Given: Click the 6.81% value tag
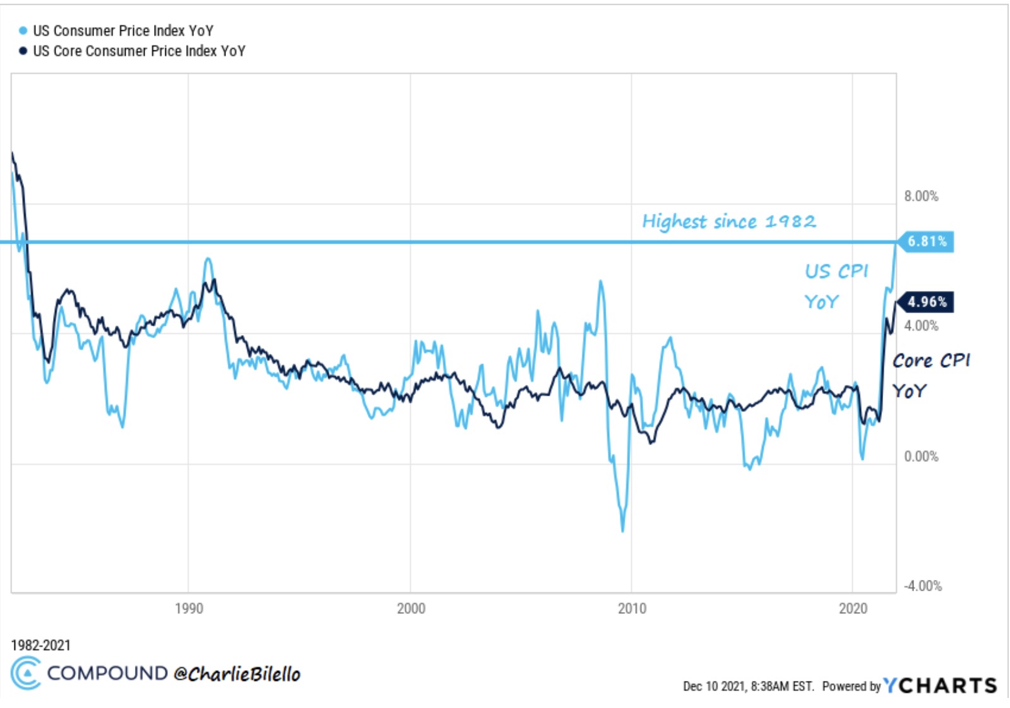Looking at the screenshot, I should click(927, 241).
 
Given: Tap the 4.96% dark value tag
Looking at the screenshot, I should click(927, 302).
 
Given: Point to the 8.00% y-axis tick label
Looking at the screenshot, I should click(921, 196).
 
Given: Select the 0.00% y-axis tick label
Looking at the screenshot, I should click(921, 456).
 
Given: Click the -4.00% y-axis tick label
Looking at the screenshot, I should click(922, 586).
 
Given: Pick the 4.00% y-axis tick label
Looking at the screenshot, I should click(921, 326).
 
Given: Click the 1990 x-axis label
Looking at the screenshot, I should click(189, 608).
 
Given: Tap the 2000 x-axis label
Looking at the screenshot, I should click(411, 608).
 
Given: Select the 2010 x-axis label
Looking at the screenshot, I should click(632, 608).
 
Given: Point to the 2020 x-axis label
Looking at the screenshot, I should click(853, 608).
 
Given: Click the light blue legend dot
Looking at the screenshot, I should click(23, 31).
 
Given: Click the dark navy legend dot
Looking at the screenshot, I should click(23, 51).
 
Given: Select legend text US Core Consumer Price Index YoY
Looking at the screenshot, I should click(139, 51).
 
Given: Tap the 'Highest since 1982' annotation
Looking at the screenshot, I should click(729, 221).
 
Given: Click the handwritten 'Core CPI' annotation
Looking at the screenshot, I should click(931, 361).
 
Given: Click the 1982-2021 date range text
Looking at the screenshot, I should click(40, 645).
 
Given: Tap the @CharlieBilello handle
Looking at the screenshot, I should click(237, 674).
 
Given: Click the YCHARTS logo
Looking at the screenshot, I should click(940, 685).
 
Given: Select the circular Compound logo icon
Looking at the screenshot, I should click(26, 673).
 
